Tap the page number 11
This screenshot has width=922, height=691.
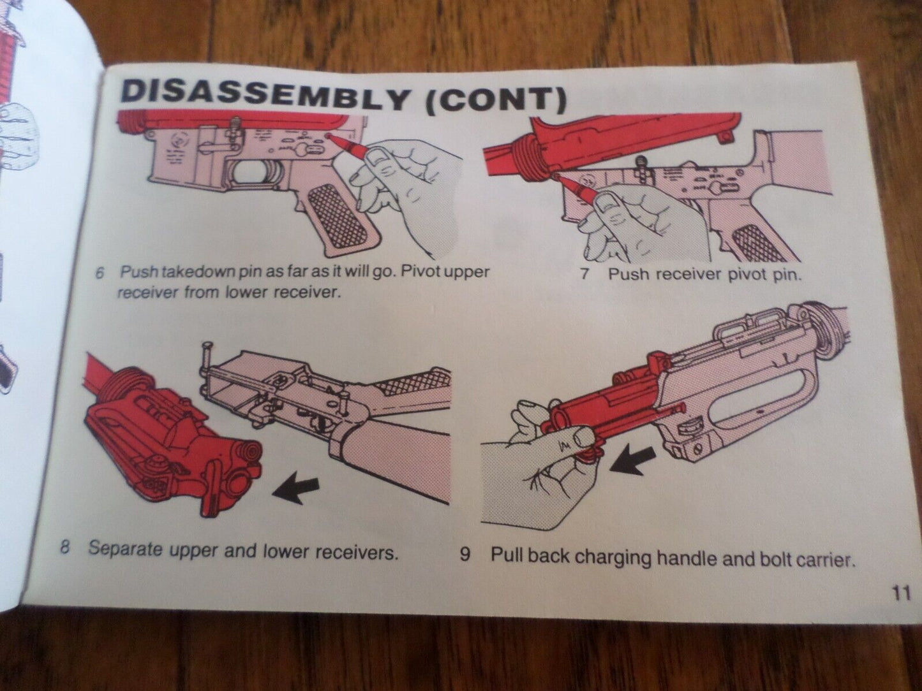coord(900,594)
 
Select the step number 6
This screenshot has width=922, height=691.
coord(99,273)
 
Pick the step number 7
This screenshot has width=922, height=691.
coord(583,274)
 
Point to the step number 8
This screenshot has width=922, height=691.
coord(64,548)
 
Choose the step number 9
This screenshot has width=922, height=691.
coord(465,555)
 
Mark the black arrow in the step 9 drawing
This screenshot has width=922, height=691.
coord(632,460)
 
